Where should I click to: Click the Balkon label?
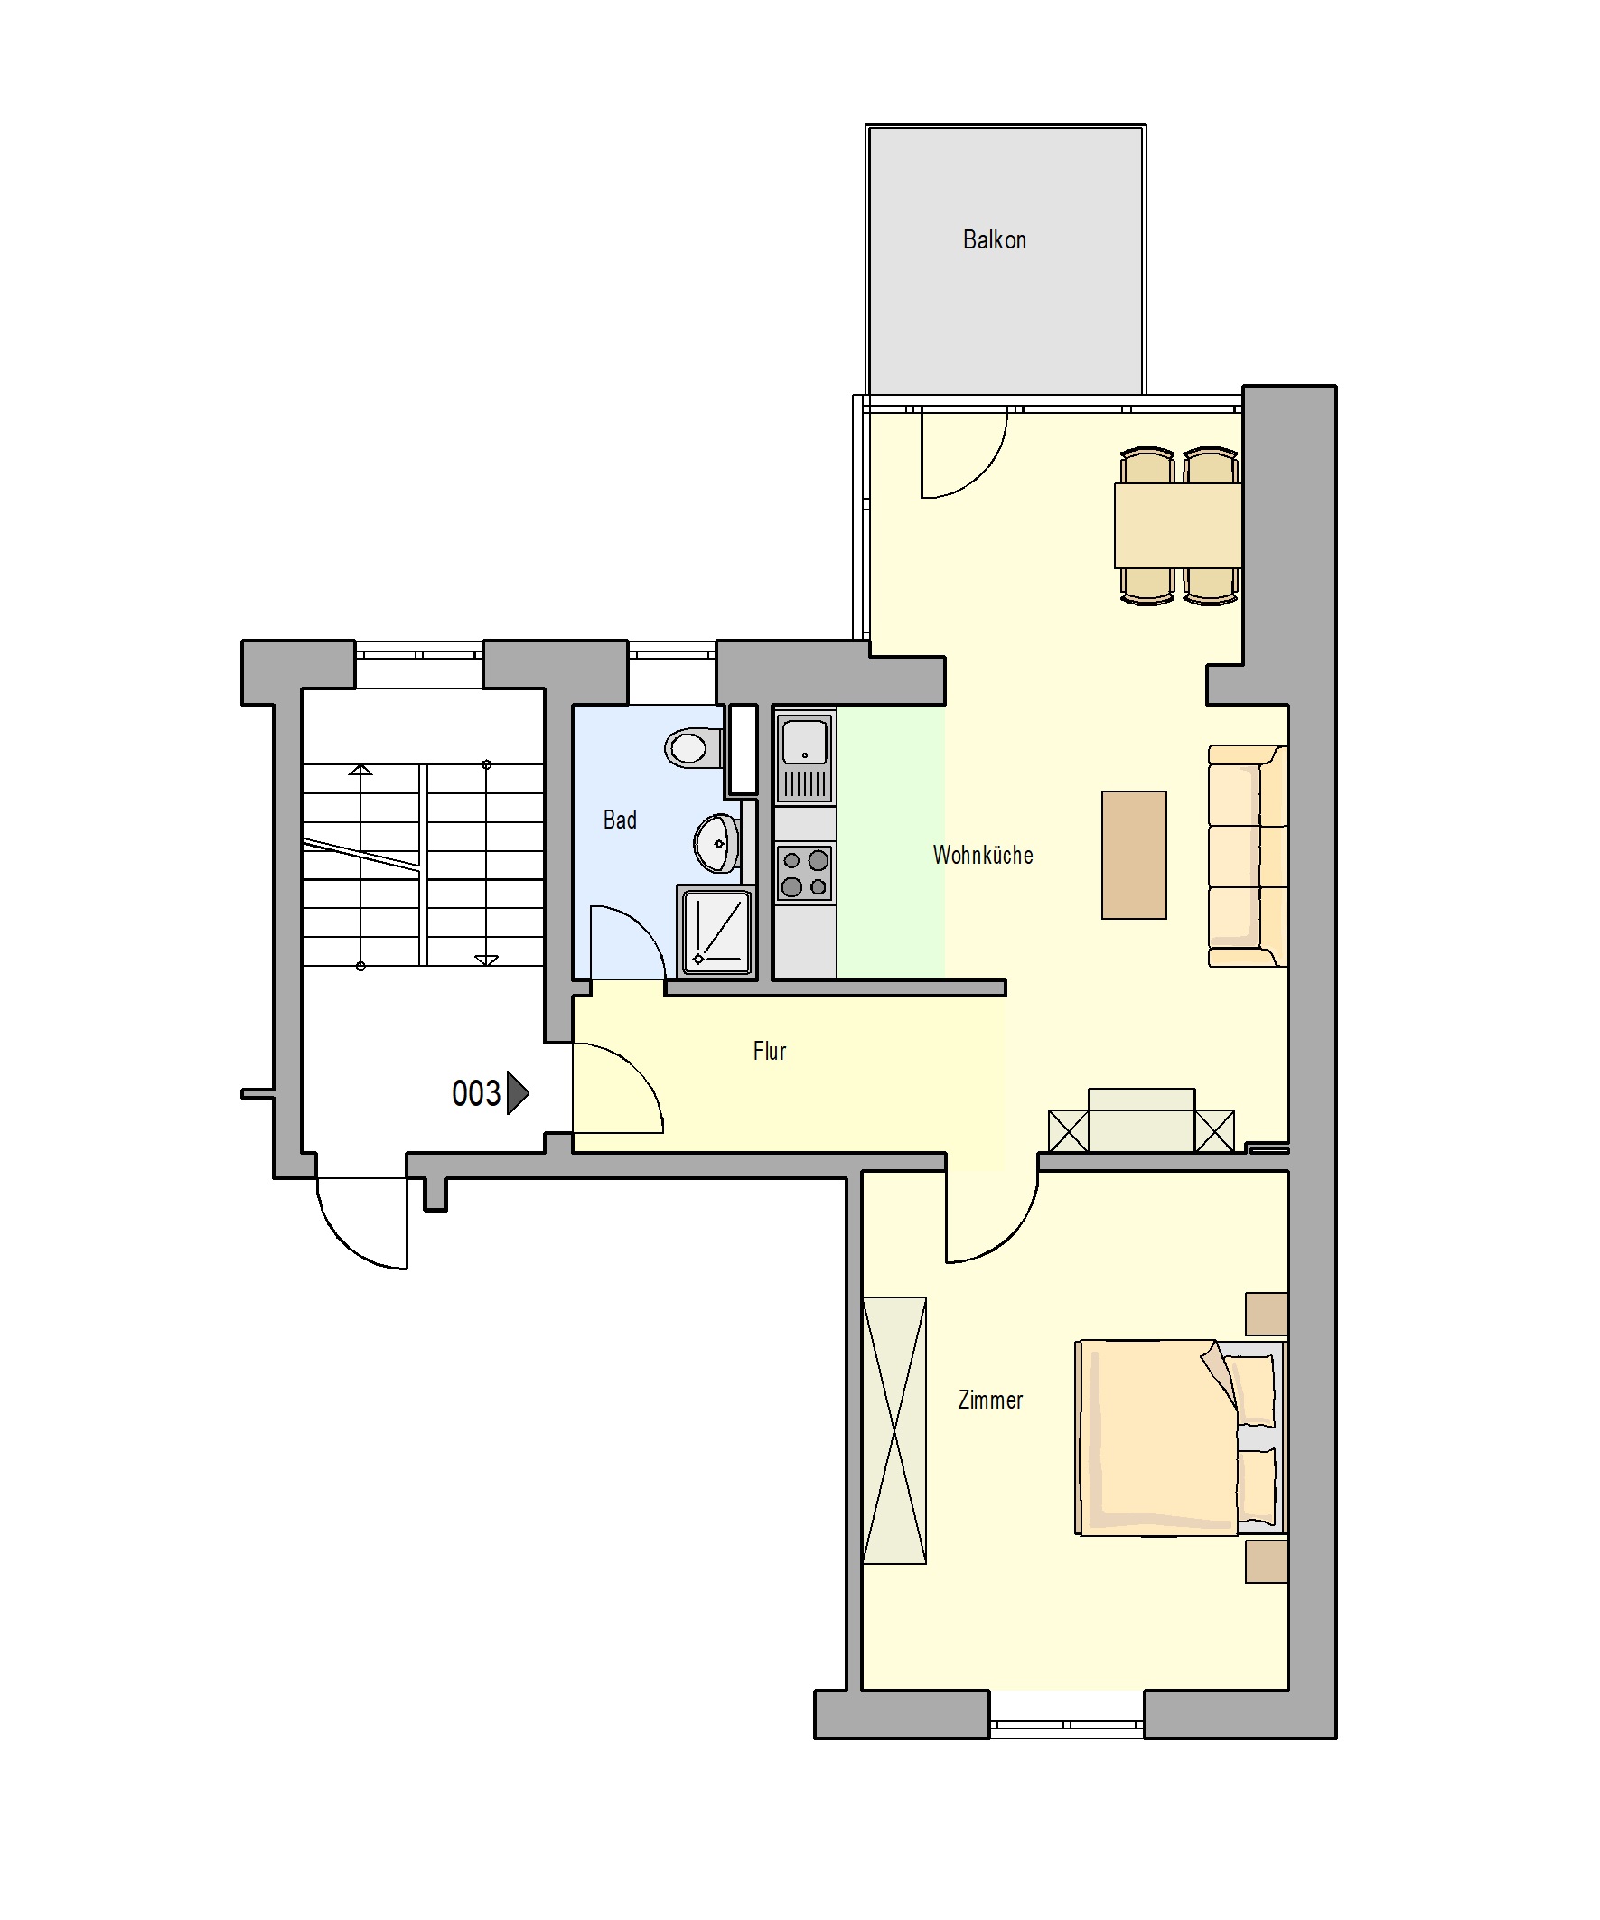point(994,239)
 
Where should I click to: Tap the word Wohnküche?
point(983,855)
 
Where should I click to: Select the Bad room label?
point(620,820)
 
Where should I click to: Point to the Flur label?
point(770,1051)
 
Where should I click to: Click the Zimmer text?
point(990,1400)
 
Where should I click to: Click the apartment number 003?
point(476,1093)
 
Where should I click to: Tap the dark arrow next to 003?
point(518,1092)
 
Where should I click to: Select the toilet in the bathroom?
point(694,748)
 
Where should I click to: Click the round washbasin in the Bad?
point(716,843)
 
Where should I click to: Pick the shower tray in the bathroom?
point(716,931)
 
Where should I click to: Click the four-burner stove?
point(805,873)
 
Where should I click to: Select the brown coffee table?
point(1134,855)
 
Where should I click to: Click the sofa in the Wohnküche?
point(1247,856)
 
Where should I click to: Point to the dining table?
point(1177,526)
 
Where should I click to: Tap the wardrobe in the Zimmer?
point(894,1431)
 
